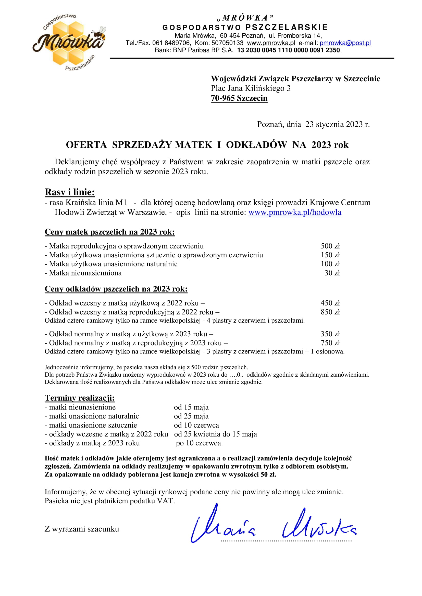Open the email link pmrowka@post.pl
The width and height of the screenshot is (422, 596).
[345, 43]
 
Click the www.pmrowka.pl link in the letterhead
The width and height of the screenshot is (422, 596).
[271, 43]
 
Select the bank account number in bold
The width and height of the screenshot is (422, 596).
[289, 50]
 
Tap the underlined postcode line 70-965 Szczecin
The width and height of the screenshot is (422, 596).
[239, 98]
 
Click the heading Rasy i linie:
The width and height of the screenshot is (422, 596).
[70, 192]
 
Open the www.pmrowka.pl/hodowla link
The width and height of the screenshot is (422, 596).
[295, 212]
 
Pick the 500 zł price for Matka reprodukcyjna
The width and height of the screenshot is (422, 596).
[330, 246]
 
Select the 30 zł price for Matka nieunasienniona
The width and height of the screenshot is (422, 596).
[332, 273]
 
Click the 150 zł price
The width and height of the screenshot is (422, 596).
[330, 255]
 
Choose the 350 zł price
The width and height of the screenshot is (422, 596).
[330, 334]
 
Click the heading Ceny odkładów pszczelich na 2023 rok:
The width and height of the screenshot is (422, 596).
[116, 289]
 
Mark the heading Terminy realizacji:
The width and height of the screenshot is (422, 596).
[80, 398]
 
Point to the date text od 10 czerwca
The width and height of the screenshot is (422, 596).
[196, 425]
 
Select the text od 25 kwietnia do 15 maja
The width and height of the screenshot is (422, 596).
[215, 434]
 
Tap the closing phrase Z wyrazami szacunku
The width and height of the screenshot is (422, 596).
[82, 529]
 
